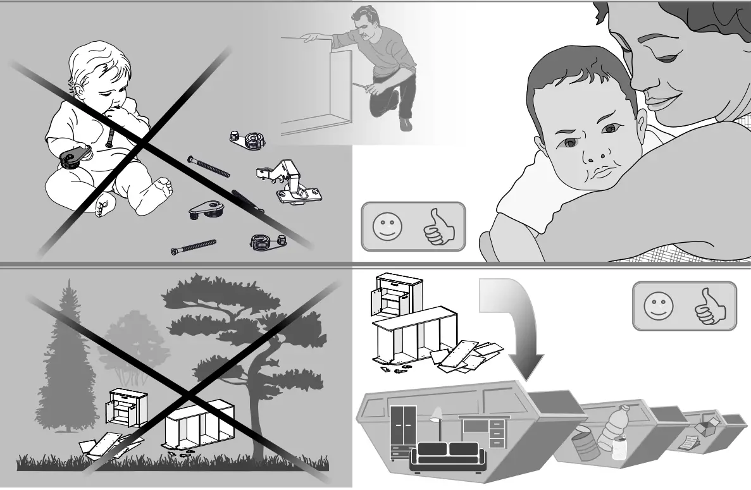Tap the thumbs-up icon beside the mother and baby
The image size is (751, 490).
coord(438,227)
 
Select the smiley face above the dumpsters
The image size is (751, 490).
coord(658,306)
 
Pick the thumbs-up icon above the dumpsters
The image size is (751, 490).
coord(711,306)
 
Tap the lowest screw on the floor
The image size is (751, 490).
coord(193,247)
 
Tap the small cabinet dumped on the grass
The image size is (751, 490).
coord(128,408)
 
